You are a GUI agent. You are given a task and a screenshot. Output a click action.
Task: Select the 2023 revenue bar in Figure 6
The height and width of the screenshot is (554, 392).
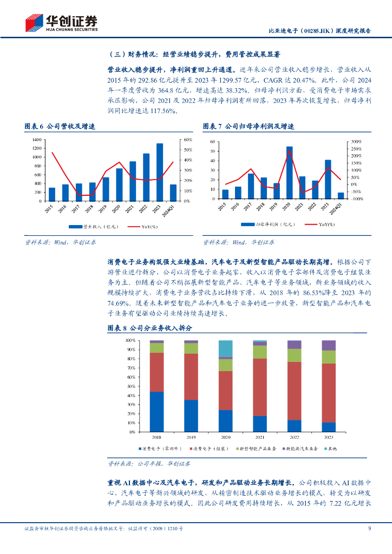[x=160, y=172]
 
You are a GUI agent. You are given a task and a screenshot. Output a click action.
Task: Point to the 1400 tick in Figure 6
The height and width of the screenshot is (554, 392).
[x=37, y=140]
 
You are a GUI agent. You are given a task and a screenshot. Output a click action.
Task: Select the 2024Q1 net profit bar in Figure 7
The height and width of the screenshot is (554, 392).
[x=341, y=195]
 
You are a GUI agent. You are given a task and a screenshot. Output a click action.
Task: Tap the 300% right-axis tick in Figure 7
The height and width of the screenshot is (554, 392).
[x=356, y=142]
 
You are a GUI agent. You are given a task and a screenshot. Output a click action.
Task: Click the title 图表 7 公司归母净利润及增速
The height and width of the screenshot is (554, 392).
[x=249, y=126]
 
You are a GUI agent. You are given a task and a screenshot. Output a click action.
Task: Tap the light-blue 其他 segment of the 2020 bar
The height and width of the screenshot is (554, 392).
[x=225, y=348]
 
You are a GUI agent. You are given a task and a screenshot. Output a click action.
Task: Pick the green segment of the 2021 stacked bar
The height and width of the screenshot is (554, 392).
[x=260, y=352]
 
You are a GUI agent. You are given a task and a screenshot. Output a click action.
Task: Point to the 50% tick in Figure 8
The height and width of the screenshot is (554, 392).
[x=131, y=386]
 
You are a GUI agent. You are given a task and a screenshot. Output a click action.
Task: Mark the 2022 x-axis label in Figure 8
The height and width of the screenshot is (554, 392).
[x=294, y=437]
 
